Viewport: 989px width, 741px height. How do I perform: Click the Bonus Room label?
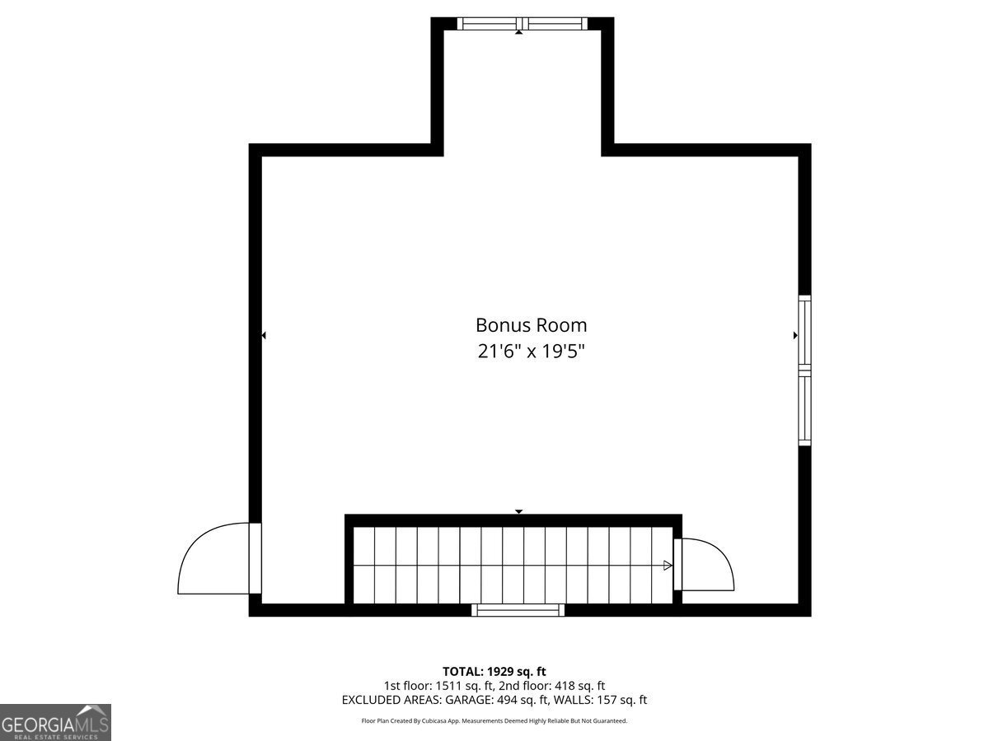pyautogui.click(x=531, y=325)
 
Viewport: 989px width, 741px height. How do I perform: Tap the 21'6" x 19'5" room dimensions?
pyautogui.click(x=531, y=352)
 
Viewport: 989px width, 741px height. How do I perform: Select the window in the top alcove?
pyautogui.click(x=523, y=23)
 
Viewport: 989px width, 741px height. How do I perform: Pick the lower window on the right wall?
pyautogui.click(x=804, y=409)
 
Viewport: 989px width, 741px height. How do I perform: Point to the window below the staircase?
pyautogui.click(x=518, y=610)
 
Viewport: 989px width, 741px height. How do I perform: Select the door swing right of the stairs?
pyautogui.click(x=705, y=565)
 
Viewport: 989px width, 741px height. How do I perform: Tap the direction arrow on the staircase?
pyautogui.click(x=668, y=566)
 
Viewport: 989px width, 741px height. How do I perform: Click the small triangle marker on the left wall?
pyautogui.click(x=263, y=335)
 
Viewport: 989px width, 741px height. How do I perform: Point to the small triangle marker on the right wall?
pyautogui.click(x=795, y=335)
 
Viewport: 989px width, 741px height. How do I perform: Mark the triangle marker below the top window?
pyautogui.click(x=518, y=32)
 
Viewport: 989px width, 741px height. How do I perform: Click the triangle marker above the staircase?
pyautogui.click(x=518, y=511)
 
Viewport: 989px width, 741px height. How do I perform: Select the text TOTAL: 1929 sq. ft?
pyautogui.click(x=494, y=671)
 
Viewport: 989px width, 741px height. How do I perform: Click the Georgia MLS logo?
pyautogui.click(x=55, y=722)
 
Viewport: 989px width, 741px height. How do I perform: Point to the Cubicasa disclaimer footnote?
pyautogui.click(x=494, y=720)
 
